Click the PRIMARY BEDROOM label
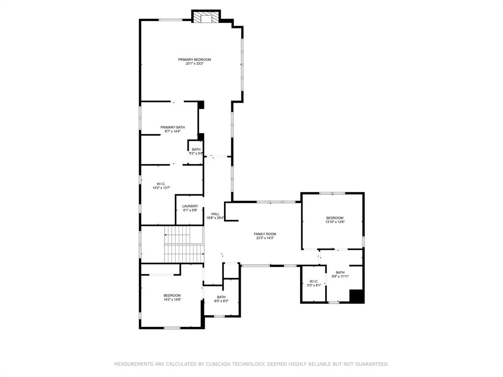195,59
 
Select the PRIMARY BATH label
172,127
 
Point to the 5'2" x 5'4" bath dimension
196,154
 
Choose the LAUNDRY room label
190,206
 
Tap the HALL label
215,214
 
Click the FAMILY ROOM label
265,234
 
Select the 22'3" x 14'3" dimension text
265,238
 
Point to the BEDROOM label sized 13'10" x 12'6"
335,218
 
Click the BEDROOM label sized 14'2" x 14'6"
172,296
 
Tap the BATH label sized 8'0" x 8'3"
221,297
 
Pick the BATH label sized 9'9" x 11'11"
340,272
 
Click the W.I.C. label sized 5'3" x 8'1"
314,281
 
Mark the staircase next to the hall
183,244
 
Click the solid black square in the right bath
357,296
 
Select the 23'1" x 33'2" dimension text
195,64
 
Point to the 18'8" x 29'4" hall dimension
215,218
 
